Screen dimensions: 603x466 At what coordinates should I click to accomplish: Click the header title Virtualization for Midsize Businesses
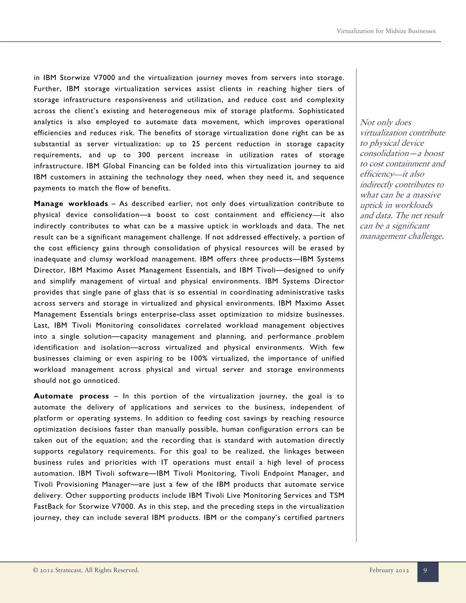tap(386, 31)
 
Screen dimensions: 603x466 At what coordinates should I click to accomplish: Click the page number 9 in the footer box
tap(425, 570)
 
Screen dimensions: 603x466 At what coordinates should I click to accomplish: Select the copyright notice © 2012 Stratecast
tap(86, 570)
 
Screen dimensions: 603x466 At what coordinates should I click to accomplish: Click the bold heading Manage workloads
tap(71, 204)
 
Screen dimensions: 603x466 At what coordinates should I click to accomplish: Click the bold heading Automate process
tap(71, 396)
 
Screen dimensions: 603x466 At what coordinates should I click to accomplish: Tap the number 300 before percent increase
tap(144, 155)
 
